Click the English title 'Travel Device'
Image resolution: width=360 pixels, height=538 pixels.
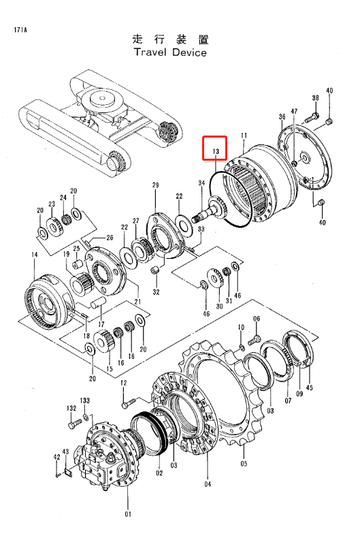tap(170, 52)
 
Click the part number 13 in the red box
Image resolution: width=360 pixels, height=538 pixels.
tap(216, 151)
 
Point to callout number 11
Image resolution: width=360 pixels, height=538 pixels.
tap(244, 137)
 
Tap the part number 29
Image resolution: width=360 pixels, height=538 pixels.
tap(155, 185)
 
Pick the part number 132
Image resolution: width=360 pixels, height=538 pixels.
tap(71, 408)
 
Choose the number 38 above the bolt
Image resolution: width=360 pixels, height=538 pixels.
tap(315, 98)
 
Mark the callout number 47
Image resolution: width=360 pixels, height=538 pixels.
tap(294, 111)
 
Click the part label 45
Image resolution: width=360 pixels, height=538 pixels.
tap(310, 390)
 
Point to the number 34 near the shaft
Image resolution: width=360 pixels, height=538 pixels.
tap(201, 183)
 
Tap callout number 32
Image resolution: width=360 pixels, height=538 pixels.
tap(156, 292)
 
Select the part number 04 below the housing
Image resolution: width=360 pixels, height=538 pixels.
tap(207, 484)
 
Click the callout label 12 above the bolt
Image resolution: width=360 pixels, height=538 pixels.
tap(124, 383)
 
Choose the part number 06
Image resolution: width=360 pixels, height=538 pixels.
tap(257, 319)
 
